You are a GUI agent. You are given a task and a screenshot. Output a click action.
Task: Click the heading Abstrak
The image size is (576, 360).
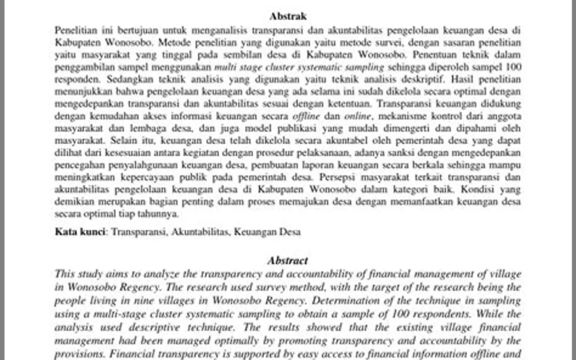[x=288, y=17]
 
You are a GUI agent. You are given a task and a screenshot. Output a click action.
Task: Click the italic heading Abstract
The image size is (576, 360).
[x=288, y=261]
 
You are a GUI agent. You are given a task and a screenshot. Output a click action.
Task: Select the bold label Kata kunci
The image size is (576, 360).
[x=80, y=232]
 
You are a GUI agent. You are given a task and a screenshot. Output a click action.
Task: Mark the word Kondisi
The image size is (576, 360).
[x=478, y=189]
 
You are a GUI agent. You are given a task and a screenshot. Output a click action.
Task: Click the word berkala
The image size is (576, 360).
[x=417, y=165]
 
